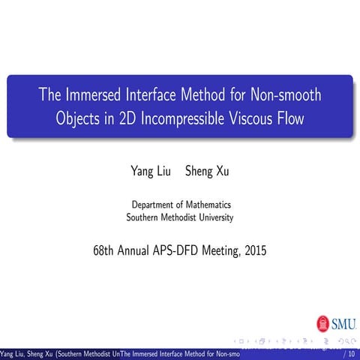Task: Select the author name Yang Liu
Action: click(150, 172)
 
